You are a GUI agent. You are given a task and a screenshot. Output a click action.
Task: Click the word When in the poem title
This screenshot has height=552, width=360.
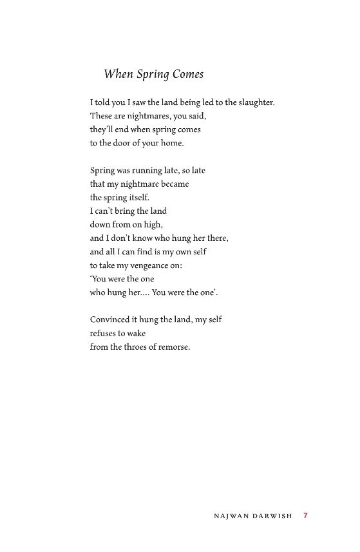tap(118, 75)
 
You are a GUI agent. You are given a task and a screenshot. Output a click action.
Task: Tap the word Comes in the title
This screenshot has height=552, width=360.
tap(188, 75)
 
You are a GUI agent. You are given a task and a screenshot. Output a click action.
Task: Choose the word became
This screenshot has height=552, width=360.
tap(173, 184)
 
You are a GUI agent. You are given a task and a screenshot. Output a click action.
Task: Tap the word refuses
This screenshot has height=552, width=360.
tap(104, 333)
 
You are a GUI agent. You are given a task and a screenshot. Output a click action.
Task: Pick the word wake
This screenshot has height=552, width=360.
tap(136, 333)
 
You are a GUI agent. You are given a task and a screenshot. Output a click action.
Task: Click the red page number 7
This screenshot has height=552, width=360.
tap(306, 515)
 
